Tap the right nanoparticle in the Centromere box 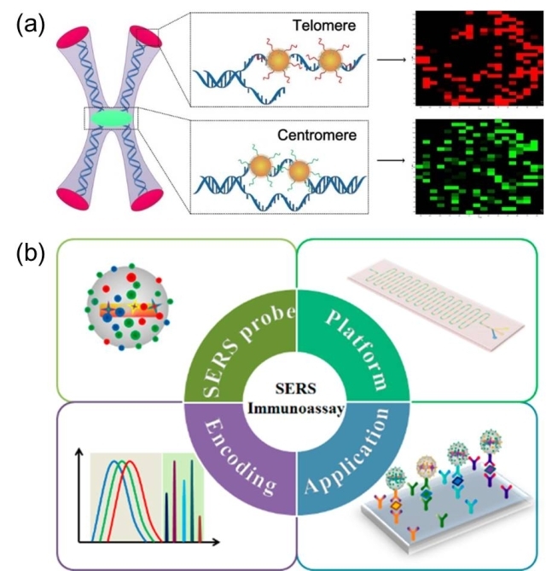300,175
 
